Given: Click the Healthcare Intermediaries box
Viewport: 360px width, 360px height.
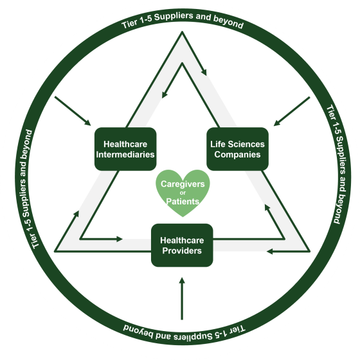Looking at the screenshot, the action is tap(125, 149).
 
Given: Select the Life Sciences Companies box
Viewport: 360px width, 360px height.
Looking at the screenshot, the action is tap(237, 149).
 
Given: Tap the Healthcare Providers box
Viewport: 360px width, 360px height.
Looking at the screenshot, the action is tap(182, 245).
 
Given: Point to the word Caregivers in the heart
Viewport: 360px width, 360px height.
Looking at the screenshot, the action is tap(183, 184).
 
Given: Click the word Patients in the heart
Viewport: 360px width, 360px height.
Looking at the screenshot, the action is tap(183, 201).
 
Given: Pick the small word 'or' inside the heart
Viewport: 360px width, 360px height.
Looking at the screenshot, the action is tap(183, 193).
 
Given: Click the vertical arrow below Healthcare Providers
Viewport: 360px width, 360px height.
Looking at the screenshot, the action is tap(182, 298).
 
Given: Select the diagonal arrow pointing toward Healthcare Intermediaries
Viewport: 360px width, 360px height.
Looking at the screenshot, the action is tap(73, 111).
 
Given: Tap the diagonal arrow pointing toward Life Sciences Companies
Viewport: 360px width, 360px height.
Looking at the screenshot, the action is tap(292, 111).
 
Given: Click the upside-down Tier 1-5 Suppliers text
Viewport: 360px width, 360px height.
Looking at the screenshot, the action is tap(184, 333).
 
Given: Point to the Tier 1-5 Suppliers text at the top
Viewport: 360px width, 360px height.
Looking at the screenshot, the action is tap(183, 20).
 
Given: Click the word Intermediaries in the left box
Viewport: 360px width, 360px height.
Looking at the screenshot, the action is tap(125, 154).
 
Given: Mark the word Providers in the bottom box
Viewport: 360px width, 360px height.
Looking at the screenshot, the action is tap(182, 251).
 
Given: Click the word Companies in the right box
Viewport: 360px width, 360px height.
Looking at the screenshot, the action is tap(237, 154).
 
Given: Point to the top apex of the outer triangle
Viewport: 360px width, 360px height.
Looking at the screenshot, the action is tap(182, 32).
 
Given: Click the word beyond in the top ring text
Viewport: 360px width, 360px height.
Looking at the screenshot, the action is tap(228, 23).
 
